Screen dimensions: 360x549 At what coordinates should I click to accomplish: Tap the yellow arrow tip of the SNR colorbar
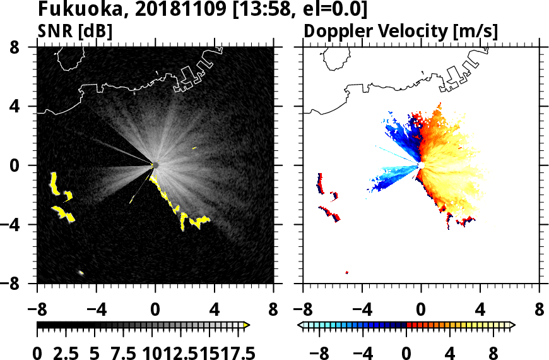pos(247,325)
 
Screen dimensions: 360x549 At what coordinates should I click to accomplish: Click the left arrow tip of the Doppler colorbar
pos(300,325)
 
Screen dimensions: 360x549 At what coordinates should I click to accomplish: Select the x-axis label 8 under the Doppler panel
pos(540,311)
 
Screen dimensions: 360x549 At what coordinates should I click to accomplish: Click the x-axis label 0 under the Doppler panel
pos(421,311)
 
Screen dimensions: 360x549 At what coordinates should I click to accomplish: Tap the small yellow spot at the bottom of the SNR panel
pos(81,273)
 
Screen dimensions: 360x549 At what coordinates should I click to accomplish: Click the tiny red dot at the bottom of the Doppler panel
pos(347,273)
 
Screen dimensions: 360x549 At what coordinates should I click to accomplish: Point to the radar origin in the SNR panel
pos(155,165)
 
